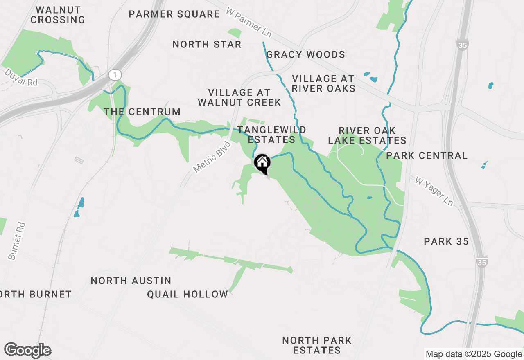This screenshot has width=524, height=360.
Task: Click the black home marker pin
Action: click(x=262, y=163)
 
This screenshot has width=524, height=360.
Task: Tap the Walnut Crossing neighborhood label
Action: click(x=58, y=15)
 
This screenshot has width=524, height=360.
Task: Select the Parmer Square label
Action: click(x=174, y=14)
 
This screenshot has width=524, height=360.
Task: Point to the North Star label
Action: click(x=207, y=44)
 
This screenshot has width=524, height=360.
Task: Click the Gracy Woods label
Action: click(x=305, y=55)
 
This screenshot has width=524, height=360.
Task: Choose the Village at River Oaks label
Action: click(x=323, y=83)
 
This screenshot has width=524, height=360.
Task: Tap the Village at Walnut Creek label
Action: click(x=239, y=98)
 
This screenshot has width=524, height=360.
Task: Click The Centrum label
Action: click(x=142, y=112)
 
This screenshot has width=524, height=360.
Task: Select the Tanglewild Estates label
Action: click(x=271, y=135)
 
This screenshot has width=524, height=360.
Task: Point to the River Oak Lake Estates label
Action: click(x=367, y=135)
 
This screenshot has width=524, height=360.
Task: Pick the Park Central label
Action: click(x=427, y=156)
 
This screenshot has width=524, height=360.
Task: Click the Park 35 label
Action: click(x=446, y=242)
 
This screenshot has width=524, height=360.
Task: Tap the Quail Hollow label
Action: click(x=187, y=295)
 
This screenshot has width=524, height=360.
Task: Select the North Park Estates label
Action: click(x=317, y=345)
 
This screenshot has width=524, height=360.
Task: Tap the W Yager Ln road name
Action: click(x=434, y=191)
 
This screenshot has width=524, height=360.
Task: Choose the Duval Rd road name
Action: click(x=21, y=78)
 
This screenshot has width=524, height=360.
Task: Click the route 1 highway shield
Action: click(x=115, y=75)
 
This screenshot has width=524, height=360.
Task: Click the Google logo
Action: click(x=27, y=351)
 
